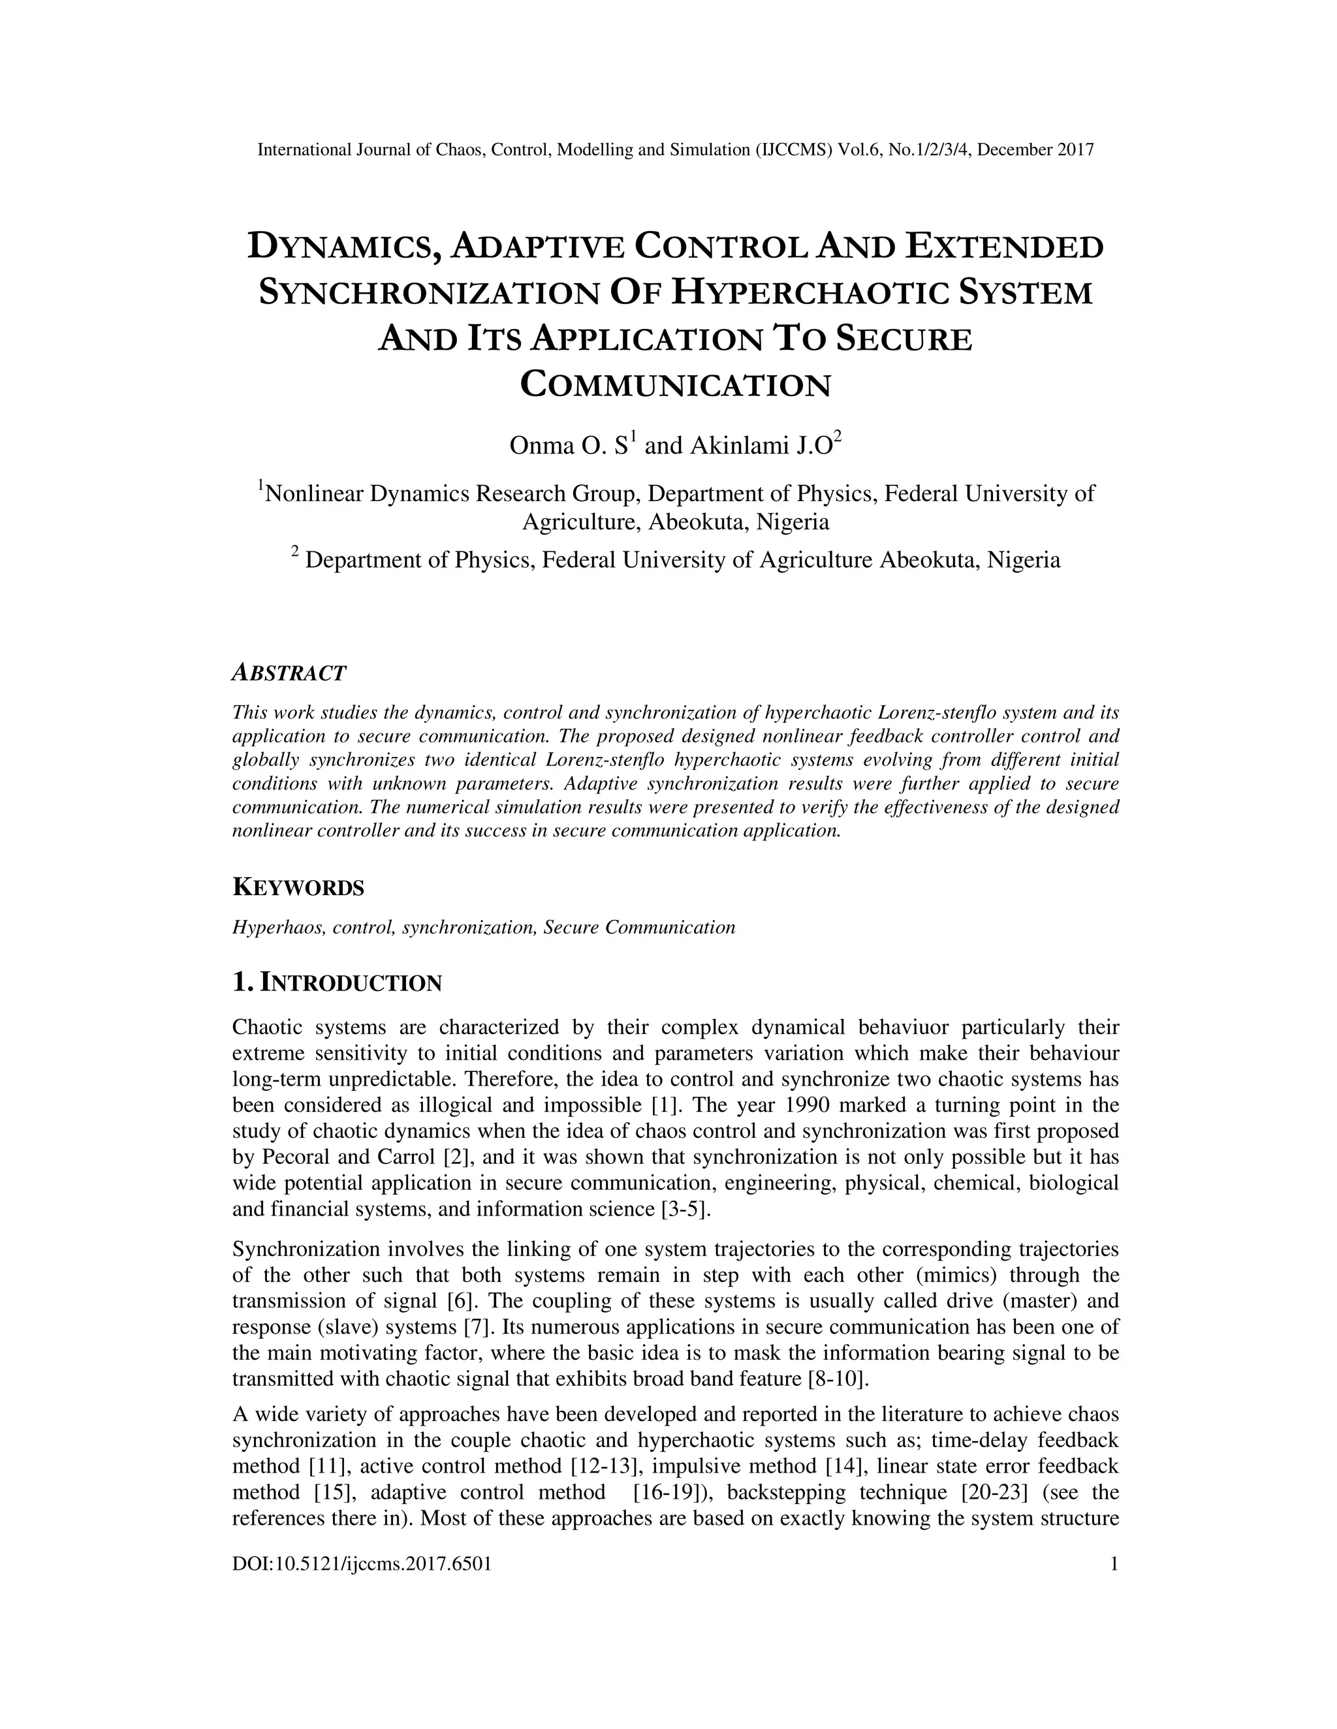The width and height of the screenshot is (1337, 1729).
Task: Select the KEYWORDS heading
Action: coord(298,888)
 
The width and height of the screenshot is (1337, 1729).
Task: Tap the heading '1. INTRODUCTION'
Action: coord(337,983)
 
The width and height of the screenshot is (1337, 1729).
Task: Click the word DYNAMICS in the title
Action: coord(346,247)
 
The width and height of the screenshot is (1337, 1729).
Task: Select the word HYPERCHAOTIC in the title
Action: coord(810,293)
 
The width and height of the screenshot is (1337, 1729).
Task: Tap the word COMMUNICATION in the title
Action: coord(676,386)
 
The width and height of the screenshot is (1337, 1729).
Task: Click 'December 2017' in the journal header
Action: coord(1035,149)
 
